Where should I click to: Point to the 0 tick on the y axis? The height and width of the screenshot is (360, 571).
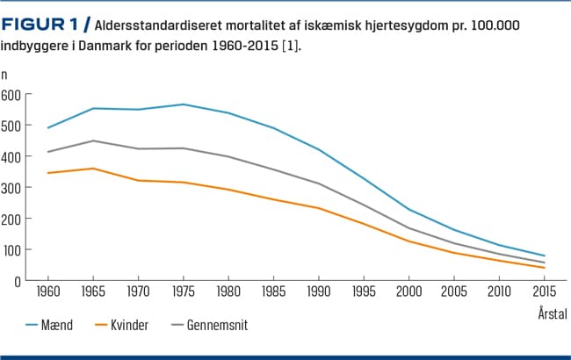[16, 281]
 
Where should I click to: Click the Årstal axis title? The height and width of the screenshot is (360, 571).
[551, 313]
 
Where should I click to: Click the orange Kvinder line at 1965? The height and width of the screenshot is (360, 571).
[93, 169]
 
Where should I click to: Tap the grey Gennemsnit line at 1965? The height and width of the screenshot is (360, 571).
[93, 140]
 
